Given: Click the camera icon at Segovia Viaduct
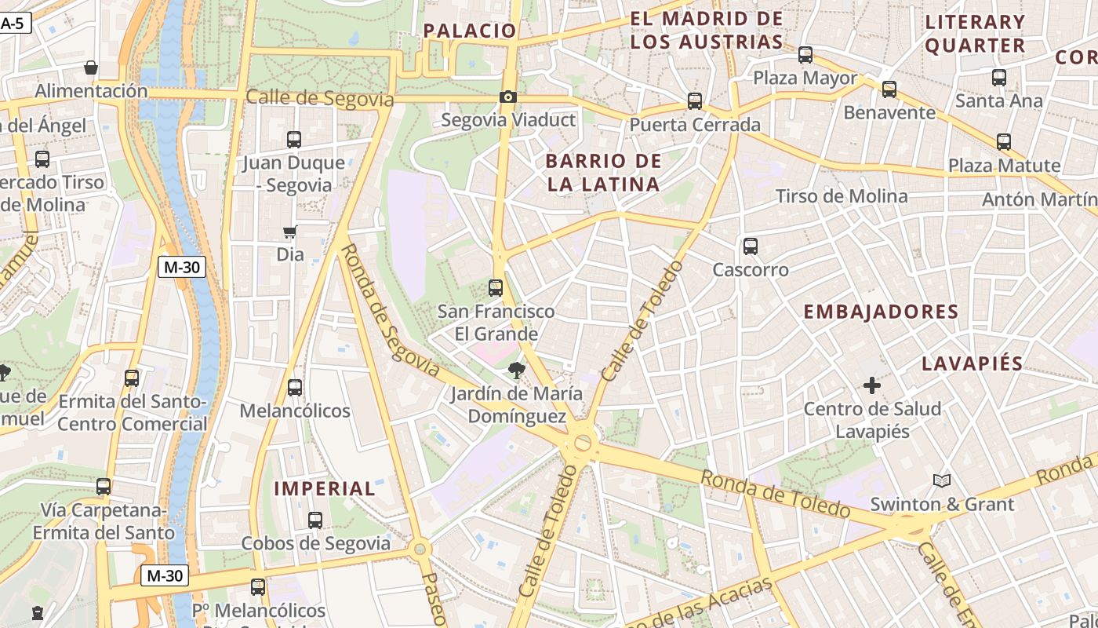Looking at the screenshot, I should (508, 97).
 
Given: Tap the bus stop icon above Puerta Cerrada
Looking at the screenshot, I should (694, 101).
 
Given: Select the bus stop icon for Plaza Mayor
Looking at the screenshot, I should (805, 55).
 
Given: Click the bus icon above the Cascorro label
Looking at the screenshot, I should (751, 246).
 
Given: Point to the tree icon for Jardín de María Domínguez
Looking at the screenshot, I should (516, 370).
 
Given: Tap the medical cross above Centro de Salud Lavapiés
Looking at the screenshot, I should (871, 385).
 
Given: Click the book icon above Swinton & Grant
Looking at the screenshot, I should (941, 480).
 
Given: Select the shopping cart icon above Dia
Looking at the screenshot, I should (290, 232).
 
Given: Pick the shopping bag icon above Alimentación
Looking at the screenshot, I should (91, 68).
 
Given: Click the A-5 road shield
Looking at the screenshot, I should (13, 24).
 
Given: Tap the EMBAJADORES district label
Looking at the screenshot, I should (881, 312).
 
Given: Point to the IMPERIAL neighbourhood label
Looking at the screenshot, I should (325, 488).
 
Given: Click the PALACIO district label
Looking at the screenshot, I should (470, 31).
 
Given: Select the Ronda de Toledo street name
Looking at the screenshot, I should (775, 493).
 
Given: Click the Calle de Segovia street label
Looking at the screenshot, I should (319, 99).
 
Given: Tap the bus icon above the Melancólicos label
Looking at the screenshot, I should (295, 388).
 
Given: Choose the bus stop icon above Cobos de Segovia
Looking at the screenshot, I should (315, 520).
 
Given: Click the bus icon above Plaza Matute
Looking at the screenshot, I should (1004, 142).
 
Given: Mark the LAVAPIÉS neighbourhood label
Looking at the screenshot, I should (972, 363).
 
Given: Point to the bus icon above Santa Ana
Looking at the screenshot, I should (999, 78).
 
